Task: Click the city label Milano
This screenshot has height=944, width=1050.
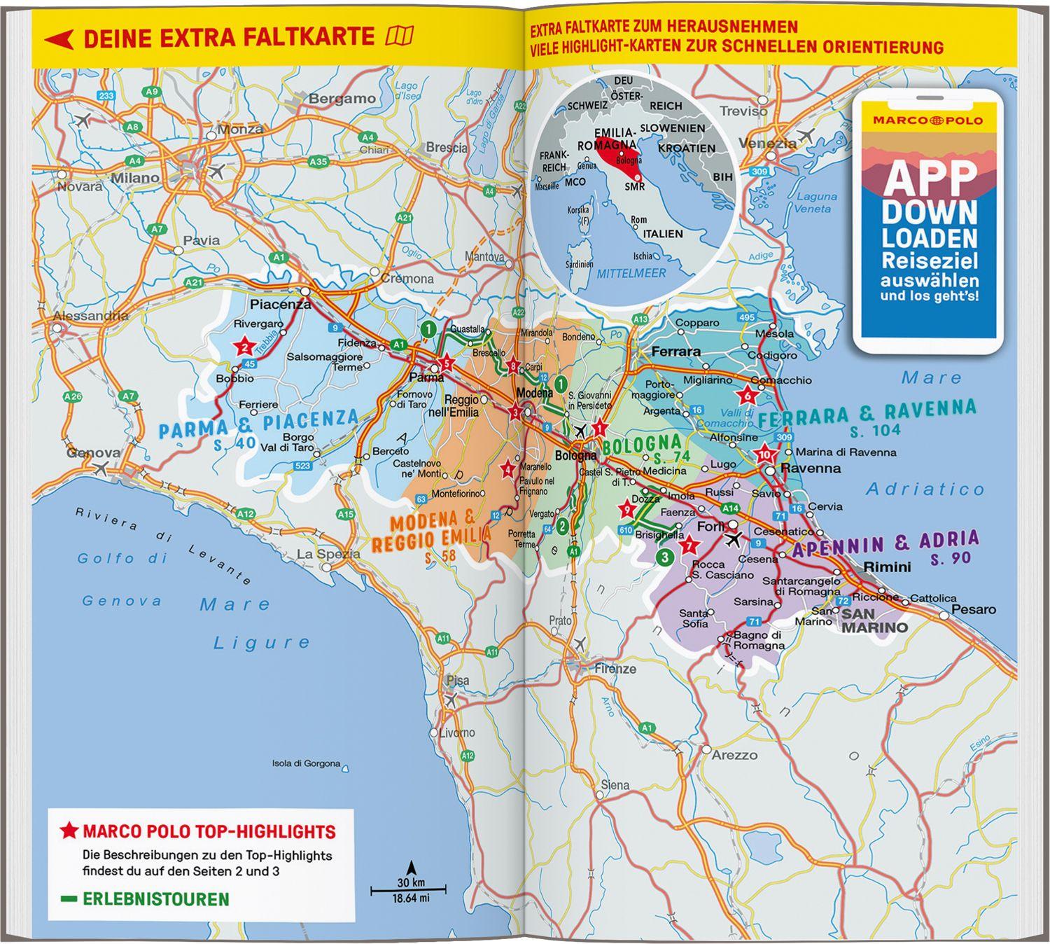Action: (135, 177)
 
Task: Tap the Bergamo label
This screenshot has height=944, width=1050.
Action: (342, 99)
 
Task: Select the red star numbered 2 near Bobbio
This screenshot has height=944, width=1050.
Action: (244, 347)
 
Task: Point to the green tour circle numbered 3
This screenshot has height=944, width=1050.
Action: (664, 557)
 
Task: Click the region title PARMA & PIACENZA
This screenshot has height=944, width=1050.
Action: (258, 424)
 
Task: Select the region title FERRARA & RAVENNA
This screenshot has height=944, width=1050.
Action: (867, 413)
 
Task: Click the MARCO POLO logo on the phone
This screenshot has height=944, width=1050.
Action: (927, 120)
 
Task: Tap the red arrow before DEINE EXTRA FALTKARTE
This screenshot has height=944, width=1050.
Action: (59, 39)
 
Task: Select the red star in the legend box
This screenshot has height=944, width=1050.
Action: (69, 831)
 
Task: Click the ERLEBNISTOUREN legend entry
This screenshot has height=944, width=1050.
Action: (155, 899)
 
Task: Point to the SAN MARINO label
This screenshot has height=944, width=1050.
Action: (874, 620)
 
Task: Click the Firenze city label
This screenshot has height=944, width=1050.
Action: (615, 669)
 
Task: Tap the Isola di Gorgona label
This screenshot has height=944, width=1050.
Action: (306, 763)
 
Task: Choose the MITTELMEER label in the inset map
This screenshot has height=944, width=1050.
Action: (631, 274)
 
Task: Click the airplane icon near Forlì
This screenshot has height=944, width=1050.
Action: (733, 539)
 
